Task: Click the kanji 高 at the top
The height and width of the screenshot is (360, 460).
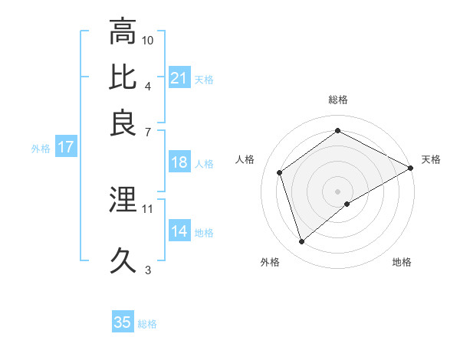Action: tap(123, 31)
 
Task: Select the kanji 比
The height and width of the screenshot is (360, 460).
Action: tap(123, 77)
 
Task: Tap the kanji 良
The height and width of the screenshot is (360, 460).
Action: tap(123, 123)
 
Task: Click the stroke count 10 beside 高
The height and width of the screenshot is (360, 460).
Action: tap(148, 39)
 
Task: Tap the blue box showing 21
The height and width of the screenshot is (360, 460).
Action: tap(179, 78)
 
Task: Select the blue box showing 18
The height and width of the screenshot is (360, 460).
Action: tap(179, 162)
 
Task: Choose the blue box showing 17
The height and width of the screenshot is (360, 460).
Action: tap(65, 148)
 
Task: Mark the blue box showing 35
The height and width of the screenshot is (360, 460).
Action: tap(123, 322)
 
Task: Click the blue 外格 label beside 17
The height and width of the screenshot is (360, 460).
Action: tap(41, 149)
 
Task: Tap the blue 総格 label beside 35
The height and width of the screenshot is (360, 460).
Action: tap(147, 324)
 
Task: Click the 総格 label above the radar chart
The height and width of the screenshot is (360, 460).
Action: tap(338, 100)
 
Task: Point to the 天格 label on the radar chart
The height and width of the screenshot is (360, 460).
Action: tap(431, 159)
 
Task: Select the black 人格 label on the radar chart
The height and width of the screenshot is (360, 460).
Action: tap(245, 159)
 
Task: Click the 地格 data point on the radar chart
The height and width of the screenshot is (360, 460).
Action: tap(347, 204)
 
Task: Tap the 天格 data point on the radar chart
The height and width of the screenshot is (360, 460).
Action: tap(411, 168)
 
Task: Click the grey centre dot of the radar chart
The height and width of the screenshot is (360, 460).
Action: tap(338, 191)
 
